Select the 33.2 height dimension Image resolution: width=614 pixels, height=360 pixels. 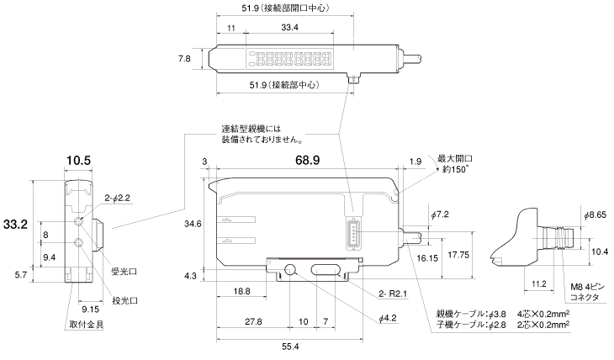pyautogui.click(x=15, y=225)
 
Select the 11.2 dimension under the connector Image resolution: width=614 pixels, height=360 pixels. pyautogui.click(x=541, y=284)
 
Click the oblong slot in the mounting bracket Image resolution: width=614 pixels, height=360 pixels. pyautogui.click(x=324, y=270)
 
